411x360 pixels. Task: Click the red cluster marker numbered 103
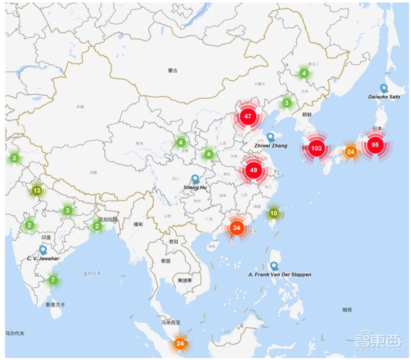(316, 148)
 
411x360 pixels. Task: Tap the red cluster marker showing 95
(375, 145)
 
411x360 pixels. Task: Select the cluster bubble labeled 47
(248, 116)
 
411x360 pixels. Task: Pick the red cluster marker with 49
(253, 169)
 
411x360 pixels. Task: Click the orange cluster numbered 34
(236, 227)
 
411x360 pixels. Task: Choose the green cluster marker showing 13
(36, 191)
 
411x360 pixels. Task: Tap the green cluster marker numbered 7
(52, 280)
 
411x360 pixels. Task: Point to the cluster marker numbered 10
(274, 213)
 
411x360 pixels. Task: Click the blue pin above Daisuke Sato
(383, 88)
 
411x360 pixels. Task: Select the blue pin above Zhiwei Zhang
(271, 137)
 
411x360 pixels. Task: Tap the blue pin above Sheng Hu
(195, 179)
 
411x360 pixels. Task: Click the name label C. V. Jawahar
(43, 258)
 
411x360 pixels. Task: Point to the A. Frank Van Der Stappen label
(279, 275)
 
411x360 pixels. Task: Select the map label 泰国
(165, 261)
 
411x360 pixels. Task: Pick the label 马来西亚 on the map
(171, 323)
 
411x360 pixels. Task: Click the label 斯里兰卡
(55, 304)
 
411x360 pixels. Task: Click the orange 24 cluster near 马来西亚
(180, 343)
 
